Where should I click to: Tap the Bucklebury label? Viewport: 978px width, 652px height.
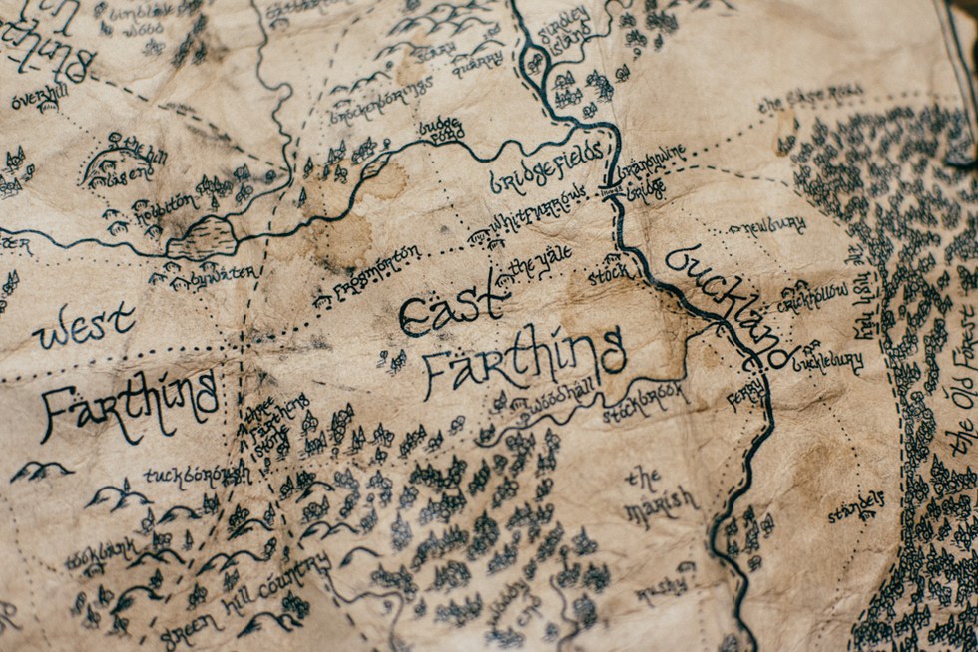pos(827,361)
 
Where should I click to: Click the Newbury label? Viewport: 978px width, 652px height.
pos(774,224)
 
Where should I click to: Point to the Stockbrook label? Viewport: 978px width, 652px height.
pos(645,400)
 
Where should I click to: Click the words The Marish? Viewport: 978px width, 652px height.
pos(659,492)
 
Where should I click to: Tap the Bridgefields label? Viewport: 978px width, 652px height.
pos(547,166)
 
